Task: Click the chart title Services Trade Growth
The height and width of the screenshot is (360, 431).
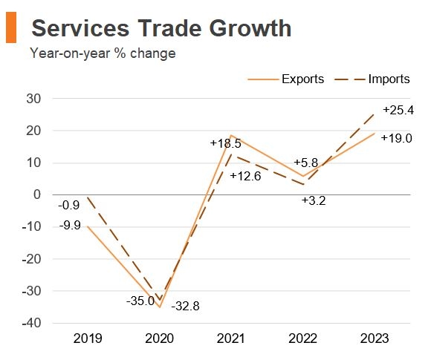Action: pyautogui.click(x=161, y=28)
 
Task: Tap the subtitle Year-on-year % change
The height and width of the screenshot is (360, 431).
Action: pyautogui.click(x=103, y=53)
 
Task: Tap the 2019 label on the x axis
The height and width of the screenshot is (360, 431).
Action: pyautogui.click(x=88, y=338)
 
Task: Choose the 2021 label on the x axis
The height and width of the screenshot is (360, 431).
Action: pyautogui.click(x=232, y=338)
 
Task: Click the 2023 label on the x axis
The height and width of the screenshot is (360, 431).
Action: pyautogui.click(x=375, y=338)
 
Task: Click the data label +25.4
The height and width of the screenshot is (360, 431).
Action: pyautogui.click(x=398, y=110)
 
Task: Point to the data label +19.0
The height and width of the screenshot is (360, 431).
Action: pyautogui.click(x=396, y=138)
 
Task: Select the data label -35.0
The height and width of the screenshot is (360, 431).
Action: pyautogui.click(x=139, y=301)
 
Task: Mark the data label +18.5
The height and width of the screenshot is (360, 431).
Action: pyautogui.click(x=226, y=143)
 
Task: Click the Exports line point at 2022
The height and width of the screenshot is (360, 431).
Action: pyautogui.click(x=303, y=177)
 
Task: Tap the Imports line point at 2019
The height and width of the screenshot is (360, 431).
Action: pyautogui.click(x=88, y=197)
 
